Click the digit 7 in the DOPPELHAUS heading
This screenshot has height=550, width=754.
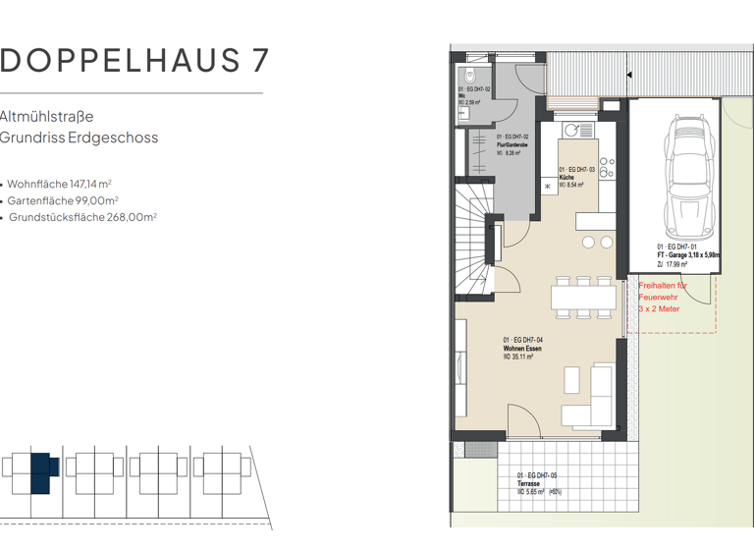pos(258,61)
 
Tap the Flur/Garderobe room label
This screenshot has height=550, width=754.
pos(513,144)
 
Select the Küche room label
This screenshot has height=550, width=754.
pos(566,177)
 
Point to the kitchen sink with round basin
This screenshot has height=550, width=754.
pos(572,129)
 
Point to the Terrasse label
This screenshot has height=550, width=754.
pos(530,484)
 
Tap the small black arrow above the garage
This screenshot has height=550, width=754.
pos(629,73)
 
